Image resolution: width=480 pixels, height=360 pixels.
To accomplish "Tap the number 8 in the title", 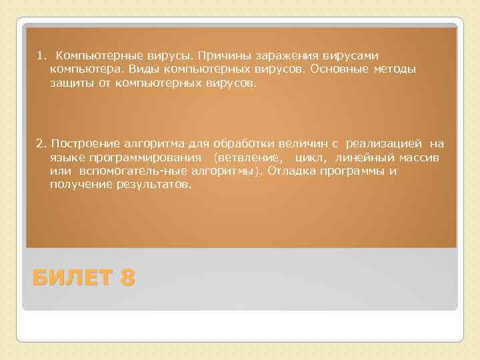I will [x=127, y=277].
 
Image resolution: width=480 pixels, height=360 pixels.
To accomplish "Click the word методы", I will [x=395, y=69].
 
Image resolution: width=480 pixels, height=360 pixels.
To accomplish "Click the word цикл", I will [x=309, y=157].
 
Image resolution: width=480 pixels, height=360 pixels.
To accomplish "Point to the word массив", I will [x=415, y=157].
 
